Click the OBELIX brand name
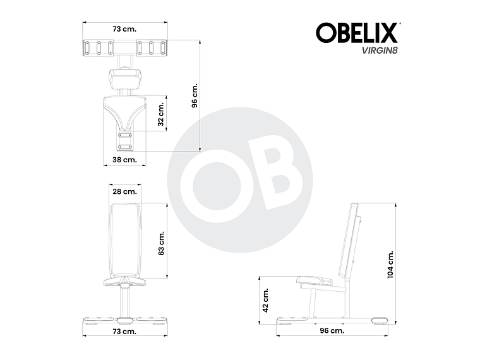pyautogui.click(x=356, y=32)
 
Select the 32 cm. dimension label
pyautogui.click(x=162, y=114)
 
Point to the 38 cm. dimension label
pyautogui.click(x=124, y=160)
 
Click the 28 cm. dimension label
pyautogui.click(x=124, y=191)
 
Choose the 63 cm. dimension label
pyautogui.click(x=162, y=241)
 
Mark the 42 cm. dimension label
pyautogui.click(x=266, y=300)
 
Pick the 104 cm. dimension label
pyautogui.click(x=391, y=263)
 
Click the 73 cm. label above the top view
pyautogui.click(x=124, y=29)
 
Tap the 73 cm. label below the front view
pyautogui.click(x=124, y=331)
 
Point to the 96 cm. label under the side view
pyautogui.click(x=332, y=330)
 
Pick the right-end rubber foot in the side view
pyautogui.click(x=380, y=320)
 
